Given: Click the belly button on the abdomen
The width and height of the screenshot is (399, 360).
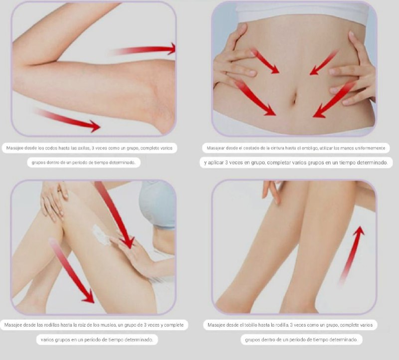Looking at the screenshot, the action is pos(294,98).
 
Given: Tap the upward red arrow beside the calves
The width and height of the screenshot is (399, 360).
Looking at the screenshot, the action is pos(351,255).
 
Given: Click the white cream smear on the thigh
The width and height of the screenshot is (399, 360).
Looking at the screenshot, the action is pos(101,235).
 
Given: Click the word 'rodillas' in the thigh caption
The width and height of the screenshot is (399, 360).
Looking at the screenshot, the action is pos(52,325).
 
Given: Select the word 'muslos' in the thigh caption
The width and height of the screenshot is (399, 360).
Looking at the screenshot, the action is pos(108,325).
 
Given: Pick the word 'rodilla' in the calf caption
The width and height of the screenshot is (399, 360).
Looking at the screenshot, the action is pos(280,325).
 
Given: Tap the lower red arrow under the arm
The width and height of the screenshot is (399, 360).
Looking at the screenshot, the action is pos(67,120).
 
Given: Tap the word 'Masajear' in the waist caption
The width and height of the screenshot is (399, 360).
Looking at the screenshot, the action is pos(216,148).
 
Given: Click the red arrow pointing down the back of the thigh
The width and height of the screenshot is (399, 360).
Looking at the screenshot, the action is pos(72,271).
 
